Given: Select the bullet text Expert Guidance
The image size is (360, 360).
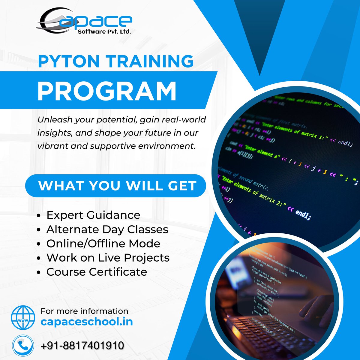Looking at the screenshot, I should point(93,215).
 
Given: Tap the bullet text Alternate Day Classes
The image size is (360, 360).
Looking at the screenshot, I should point(107,229).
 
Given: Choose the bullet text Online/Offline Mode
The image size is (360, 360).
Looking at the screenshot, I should point(103,243).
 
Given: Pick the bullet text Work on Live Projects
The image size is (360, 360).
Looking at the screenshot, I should point(108,257).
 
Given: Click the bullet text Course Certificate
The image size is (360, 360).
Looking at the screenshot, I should point(97,272).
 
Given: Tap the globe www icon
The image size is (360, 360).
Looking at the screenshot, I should point(23,317).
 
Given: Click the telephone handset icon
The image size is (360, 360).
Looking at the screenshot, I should point(23,345).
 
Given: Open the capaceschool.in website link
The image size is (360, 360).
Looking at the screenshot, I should point(87,322).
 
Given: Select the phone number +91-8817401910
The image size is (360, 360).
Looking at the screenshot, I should point(82,346).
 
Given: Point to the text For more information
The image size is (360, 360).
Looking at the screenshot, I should point(84,311).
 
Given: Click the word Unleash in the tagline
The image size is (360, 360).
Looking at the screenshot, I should point(55,120).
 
